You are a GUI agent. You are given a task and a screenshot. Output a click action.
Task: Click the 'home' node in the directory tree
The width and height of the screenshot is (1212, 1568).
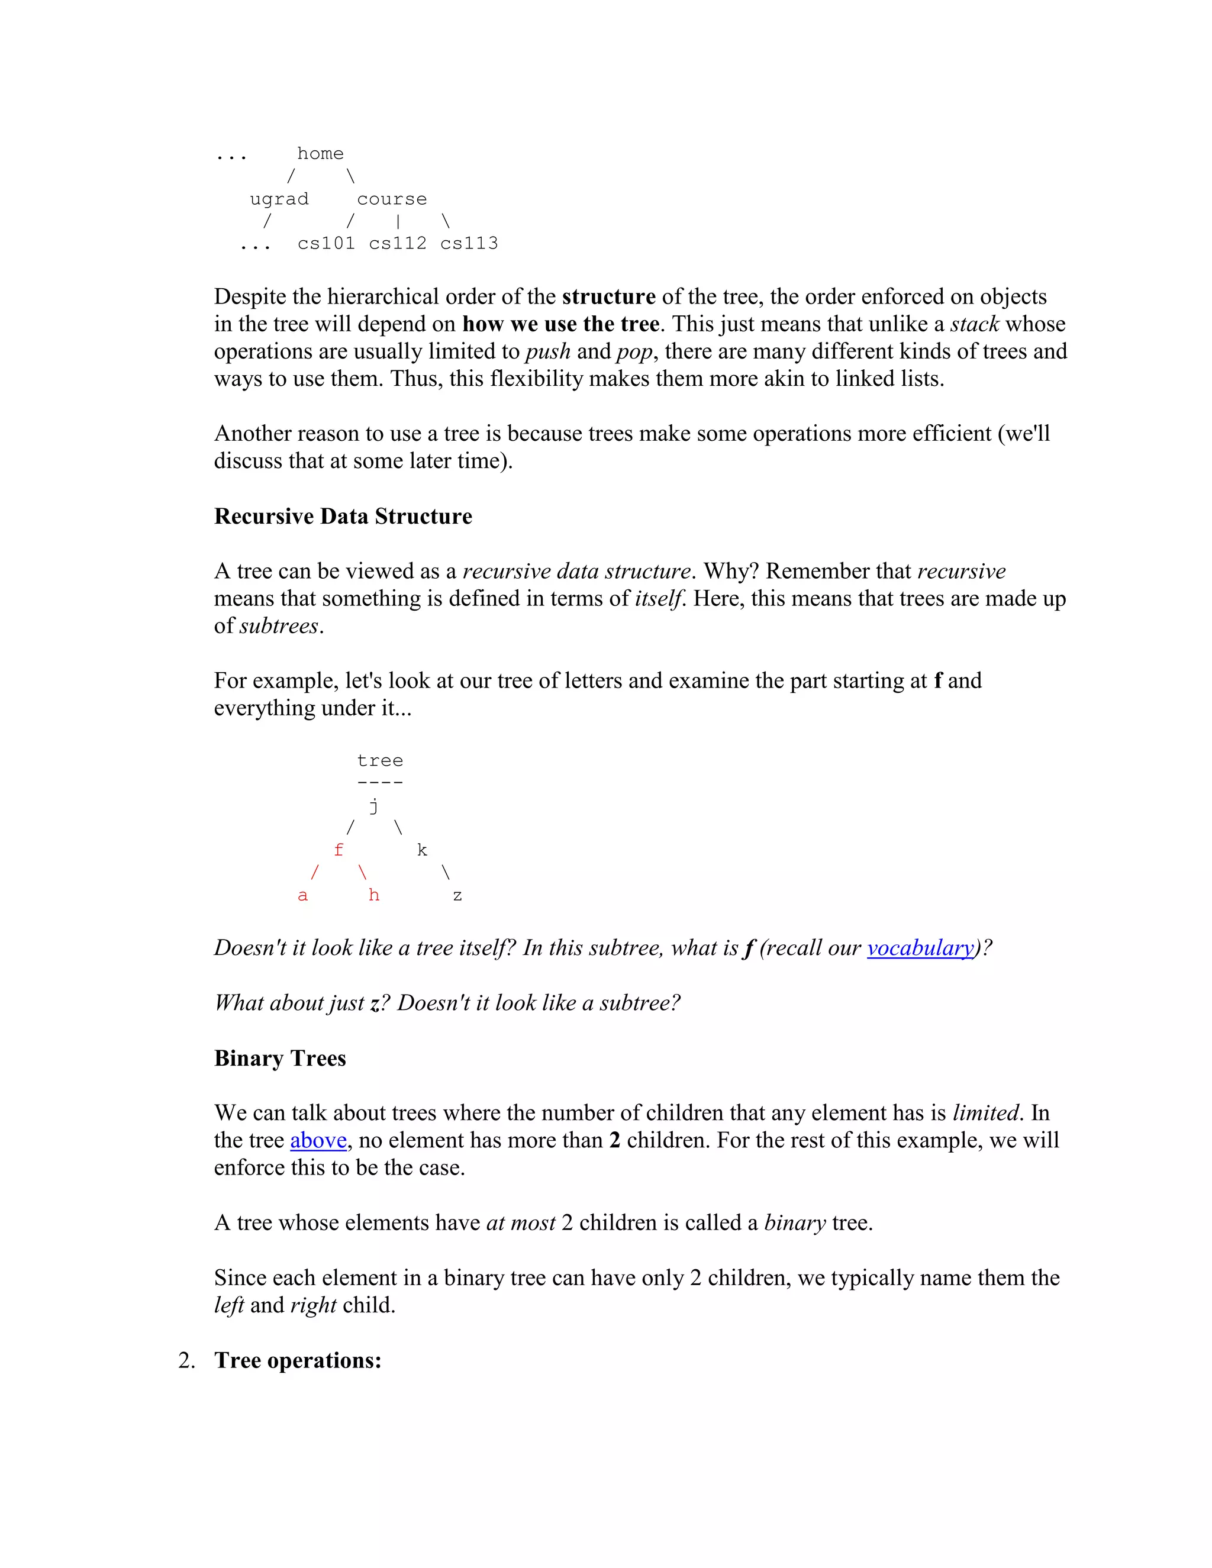point(320,154)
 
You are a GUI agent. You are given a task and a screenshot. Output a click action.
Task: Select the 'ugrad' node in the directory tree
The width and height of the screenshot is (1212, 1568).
point(279,199)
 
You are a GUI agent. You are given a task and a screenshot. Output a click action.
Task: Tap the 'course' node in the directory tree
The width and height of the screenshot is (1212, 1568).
point(391,199)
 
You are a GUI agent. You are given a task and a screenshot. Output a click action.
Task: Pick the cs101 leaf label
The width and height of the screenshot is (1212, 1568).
point(326,243)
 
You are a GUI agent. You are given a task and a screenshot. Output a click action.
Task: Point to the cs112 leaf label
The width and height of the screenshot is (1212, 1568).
point(397,243)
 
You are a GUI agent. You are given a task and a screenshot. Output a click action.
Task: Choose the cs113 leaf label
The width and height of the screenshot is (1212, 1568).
point(469,243)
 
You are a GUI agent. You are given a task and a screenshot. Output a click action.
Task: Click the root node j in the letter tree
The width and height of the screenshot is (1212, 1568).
point(373,806)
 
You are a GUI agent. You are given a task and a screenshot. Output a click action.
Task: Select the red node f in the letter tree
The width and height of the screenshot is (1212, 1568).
point(338,850)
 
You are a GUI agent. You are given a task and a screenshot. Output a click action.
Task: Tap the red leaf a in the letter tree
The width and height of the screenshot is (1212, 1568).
point(302,895)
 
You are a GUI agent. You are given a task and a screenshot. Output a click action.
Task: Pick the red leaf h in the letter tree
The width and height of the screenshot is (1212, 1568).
point(373,895)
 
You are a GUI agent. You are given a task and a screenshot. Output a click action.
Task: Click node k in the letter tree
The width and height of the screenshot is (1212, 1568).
point(421,850)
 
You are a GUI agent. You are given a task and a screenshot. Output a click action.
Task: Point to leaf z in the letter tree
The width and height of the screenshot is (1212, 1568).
point(457,896)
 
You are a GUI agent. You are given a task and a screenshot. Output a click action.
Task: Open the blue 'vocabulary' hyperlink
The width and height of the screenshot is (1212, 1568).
point(920,948)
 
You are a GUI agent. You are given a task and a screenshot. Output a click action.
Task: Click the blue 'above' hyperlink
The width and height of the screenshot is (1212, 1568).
point(318,1140)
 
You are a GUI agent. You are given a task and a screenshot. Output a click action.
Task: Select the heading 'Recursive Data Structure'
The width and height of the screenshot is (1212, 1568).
point(343,516)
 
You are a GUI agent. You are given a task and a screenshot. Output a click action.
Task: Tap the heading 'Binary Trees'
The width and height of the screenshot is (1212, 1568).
point(280,1059)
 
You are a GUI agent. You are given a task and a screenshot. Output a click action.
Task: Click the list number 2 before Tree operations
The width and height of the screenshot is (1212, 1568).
point(186,1360)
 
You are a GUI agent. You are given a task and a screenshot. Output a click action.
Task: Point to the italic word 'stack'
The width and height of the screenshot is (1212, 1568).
point(974,324)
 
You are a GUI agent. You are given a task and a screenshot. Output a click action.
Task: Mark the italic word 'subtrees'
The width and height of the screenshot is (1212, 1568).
point(279,626)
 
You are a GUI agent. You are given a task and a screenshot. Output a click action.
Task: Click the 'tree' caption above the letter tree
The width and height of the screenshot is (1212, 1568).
point(380,760)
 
